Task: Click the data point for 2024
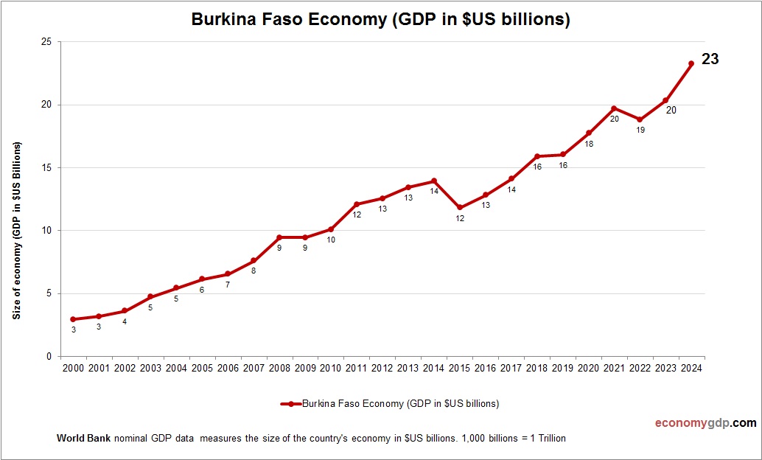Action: [691, 63]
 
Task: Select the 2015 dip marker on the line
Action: [460, 208]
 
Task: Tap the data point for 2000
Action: [73, 319]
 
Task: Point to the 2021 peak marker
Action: [614, 108]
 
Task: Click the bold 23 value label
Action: [710, 60]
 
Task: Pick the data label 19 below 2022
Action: [640, 130]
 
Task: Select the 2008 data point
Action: [279, 237]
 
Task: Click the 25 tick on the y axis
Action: [46, 42]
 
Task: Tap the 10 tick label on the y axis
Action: [46, 231]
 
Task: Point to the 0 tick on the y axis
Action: [49, 357]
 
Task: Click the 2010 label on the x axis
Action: [330, 368]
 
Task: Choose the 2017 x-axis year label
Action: [511, 368]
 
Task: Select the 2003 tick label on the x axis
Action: [150, 368]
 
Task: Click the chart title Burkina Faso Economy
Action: [380, 20]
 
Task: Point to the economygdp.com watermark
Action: [706, 423]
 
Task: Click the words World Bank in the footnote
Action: [83, 439]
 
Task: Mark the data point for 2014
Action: [434, 181]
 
